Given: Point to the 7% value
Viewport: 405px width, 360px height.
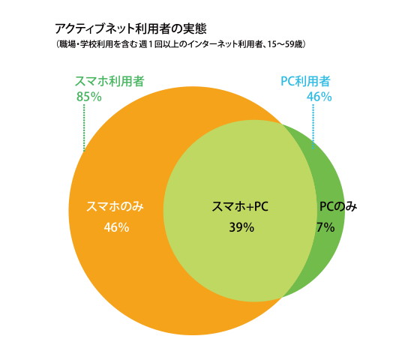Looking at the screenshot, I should click(x=325, y=227).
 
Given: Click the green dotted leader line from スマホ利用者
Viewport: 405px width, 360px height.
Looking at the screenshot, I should click(x=84, y=127).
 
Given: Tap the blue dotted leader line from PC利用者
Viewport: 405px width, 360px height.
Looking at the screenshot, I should click(x=313, y=124).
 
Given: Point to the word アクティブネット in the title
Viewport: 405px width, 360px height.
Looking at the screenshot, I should click(x=88, y=28).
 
